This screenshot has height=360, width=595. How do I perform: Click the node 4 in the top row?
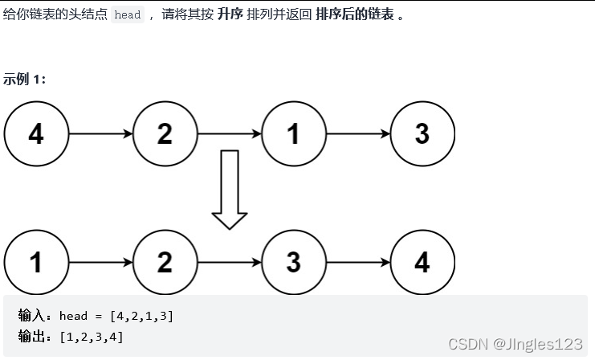[36, 133]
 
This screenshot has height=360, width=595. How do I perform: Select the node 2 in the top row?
[165, 133]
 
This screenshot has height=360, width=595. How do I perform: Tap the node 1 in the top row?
[293, 133]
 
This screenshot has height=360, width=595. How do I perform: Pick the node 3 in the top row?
[422, 133]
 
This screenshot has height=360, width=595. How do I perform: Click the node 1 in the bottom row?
[36, 262]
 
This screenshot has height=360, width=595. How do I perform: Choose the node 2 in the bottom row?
[165, 262]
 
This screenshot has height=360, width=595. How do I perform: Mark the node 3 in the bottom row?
[293, 262]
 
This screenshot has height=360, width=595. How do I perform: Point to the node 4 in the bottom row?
[422, 262]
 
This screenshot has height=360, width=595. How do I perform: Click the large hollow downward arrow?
[230, 190]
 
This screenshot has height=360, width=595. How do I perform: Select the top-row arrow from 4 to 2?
[100, 133]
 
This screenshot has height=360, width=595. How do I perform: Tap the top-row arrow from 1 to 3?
[358, 133]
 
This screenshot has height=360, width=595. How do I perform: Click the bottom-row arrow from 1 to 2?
[100, 262]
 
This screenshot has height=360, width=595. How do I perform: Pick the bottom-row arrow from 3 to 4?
[358, 262]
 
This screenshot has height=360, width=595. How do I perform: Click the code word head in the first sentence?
[127, 14]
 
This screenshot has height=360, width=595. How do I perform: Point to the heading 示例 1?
[25, 79]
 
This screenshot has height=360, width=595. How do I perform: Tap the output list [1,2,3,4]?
[92, 336]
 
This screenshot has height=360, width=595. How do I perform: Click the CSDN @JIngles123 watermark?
[515, 344]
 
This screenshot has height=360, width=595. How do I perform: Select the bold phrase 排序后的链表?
[354, 14]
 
